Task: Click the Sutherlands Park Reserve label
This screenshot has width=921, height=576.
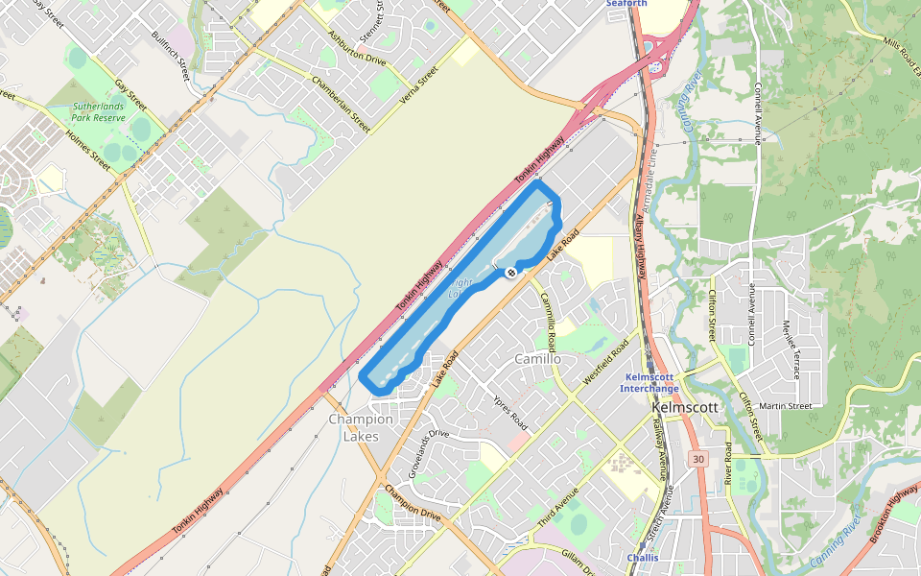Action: (x=99, y=110)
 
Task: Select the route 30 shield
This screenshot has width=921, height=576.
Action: (x=698, y=459)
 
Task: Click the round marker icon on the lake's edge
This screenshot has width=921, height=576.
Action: (x=510, y=273)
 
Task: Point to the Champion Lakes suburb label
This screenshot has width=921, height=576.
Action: (x=361, y=427)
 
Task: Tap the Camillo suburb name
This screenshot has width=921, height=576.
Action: (x=537, y=359)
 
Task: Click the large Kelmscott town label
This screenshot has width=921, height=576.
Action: (x=685, y=407)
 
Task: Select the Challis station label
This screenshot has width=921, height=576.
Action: (x=642, y=557)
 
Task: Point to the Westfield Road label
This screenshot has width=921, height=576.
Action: (x=605, y=362)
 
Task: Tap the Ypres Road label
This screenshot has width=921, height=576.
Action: (x=509, y=412)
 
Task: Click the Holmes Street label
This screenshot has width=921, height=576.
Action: (x=88, y=151)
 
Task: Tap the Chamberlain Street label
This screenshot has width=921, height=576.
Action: (x=341, y=104)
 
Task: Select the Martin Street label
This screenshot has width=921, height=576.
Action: (x=786, y=406)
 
